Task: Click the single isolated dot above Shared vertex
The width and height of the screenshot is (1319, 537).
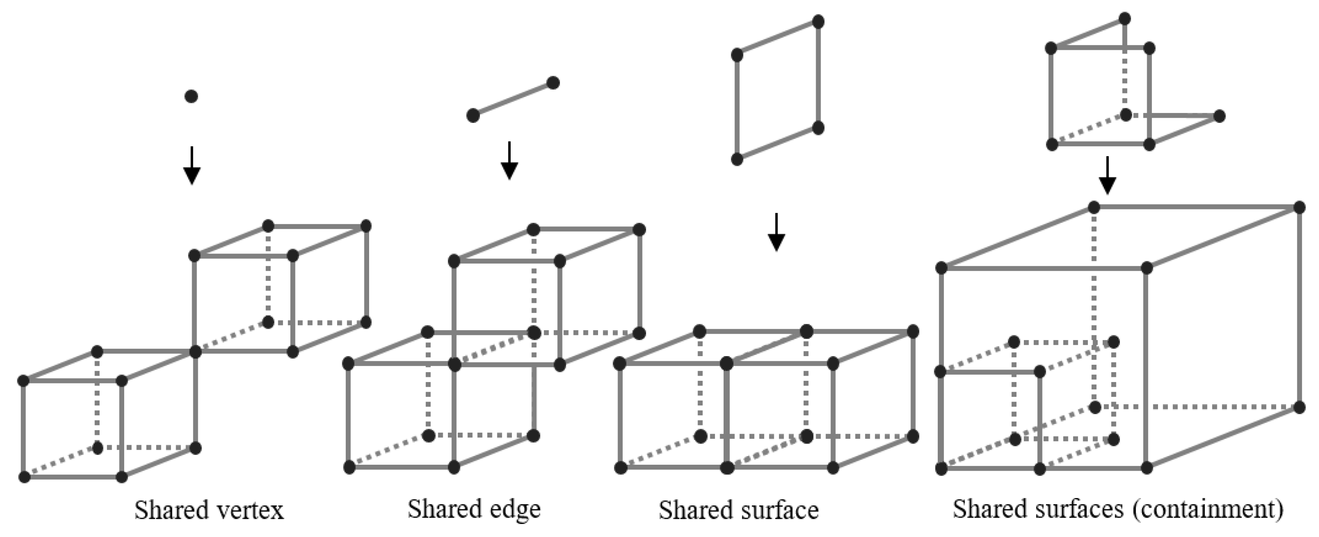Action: point(191,96)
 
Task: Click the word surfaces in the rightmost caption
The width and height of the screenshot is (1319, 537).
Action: point(1075,509)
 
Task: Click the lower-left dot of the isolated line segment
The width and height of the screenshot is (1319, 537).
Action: point(473,116)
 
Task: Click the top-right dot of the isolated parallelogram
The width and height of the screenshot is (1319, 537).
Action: point(818,22)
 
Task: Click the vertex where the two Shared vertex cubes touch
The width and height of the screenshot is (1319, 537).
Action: point(195,352)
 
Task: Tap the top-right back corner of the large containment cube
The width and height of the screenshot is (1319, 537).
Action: point(1300,207)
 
